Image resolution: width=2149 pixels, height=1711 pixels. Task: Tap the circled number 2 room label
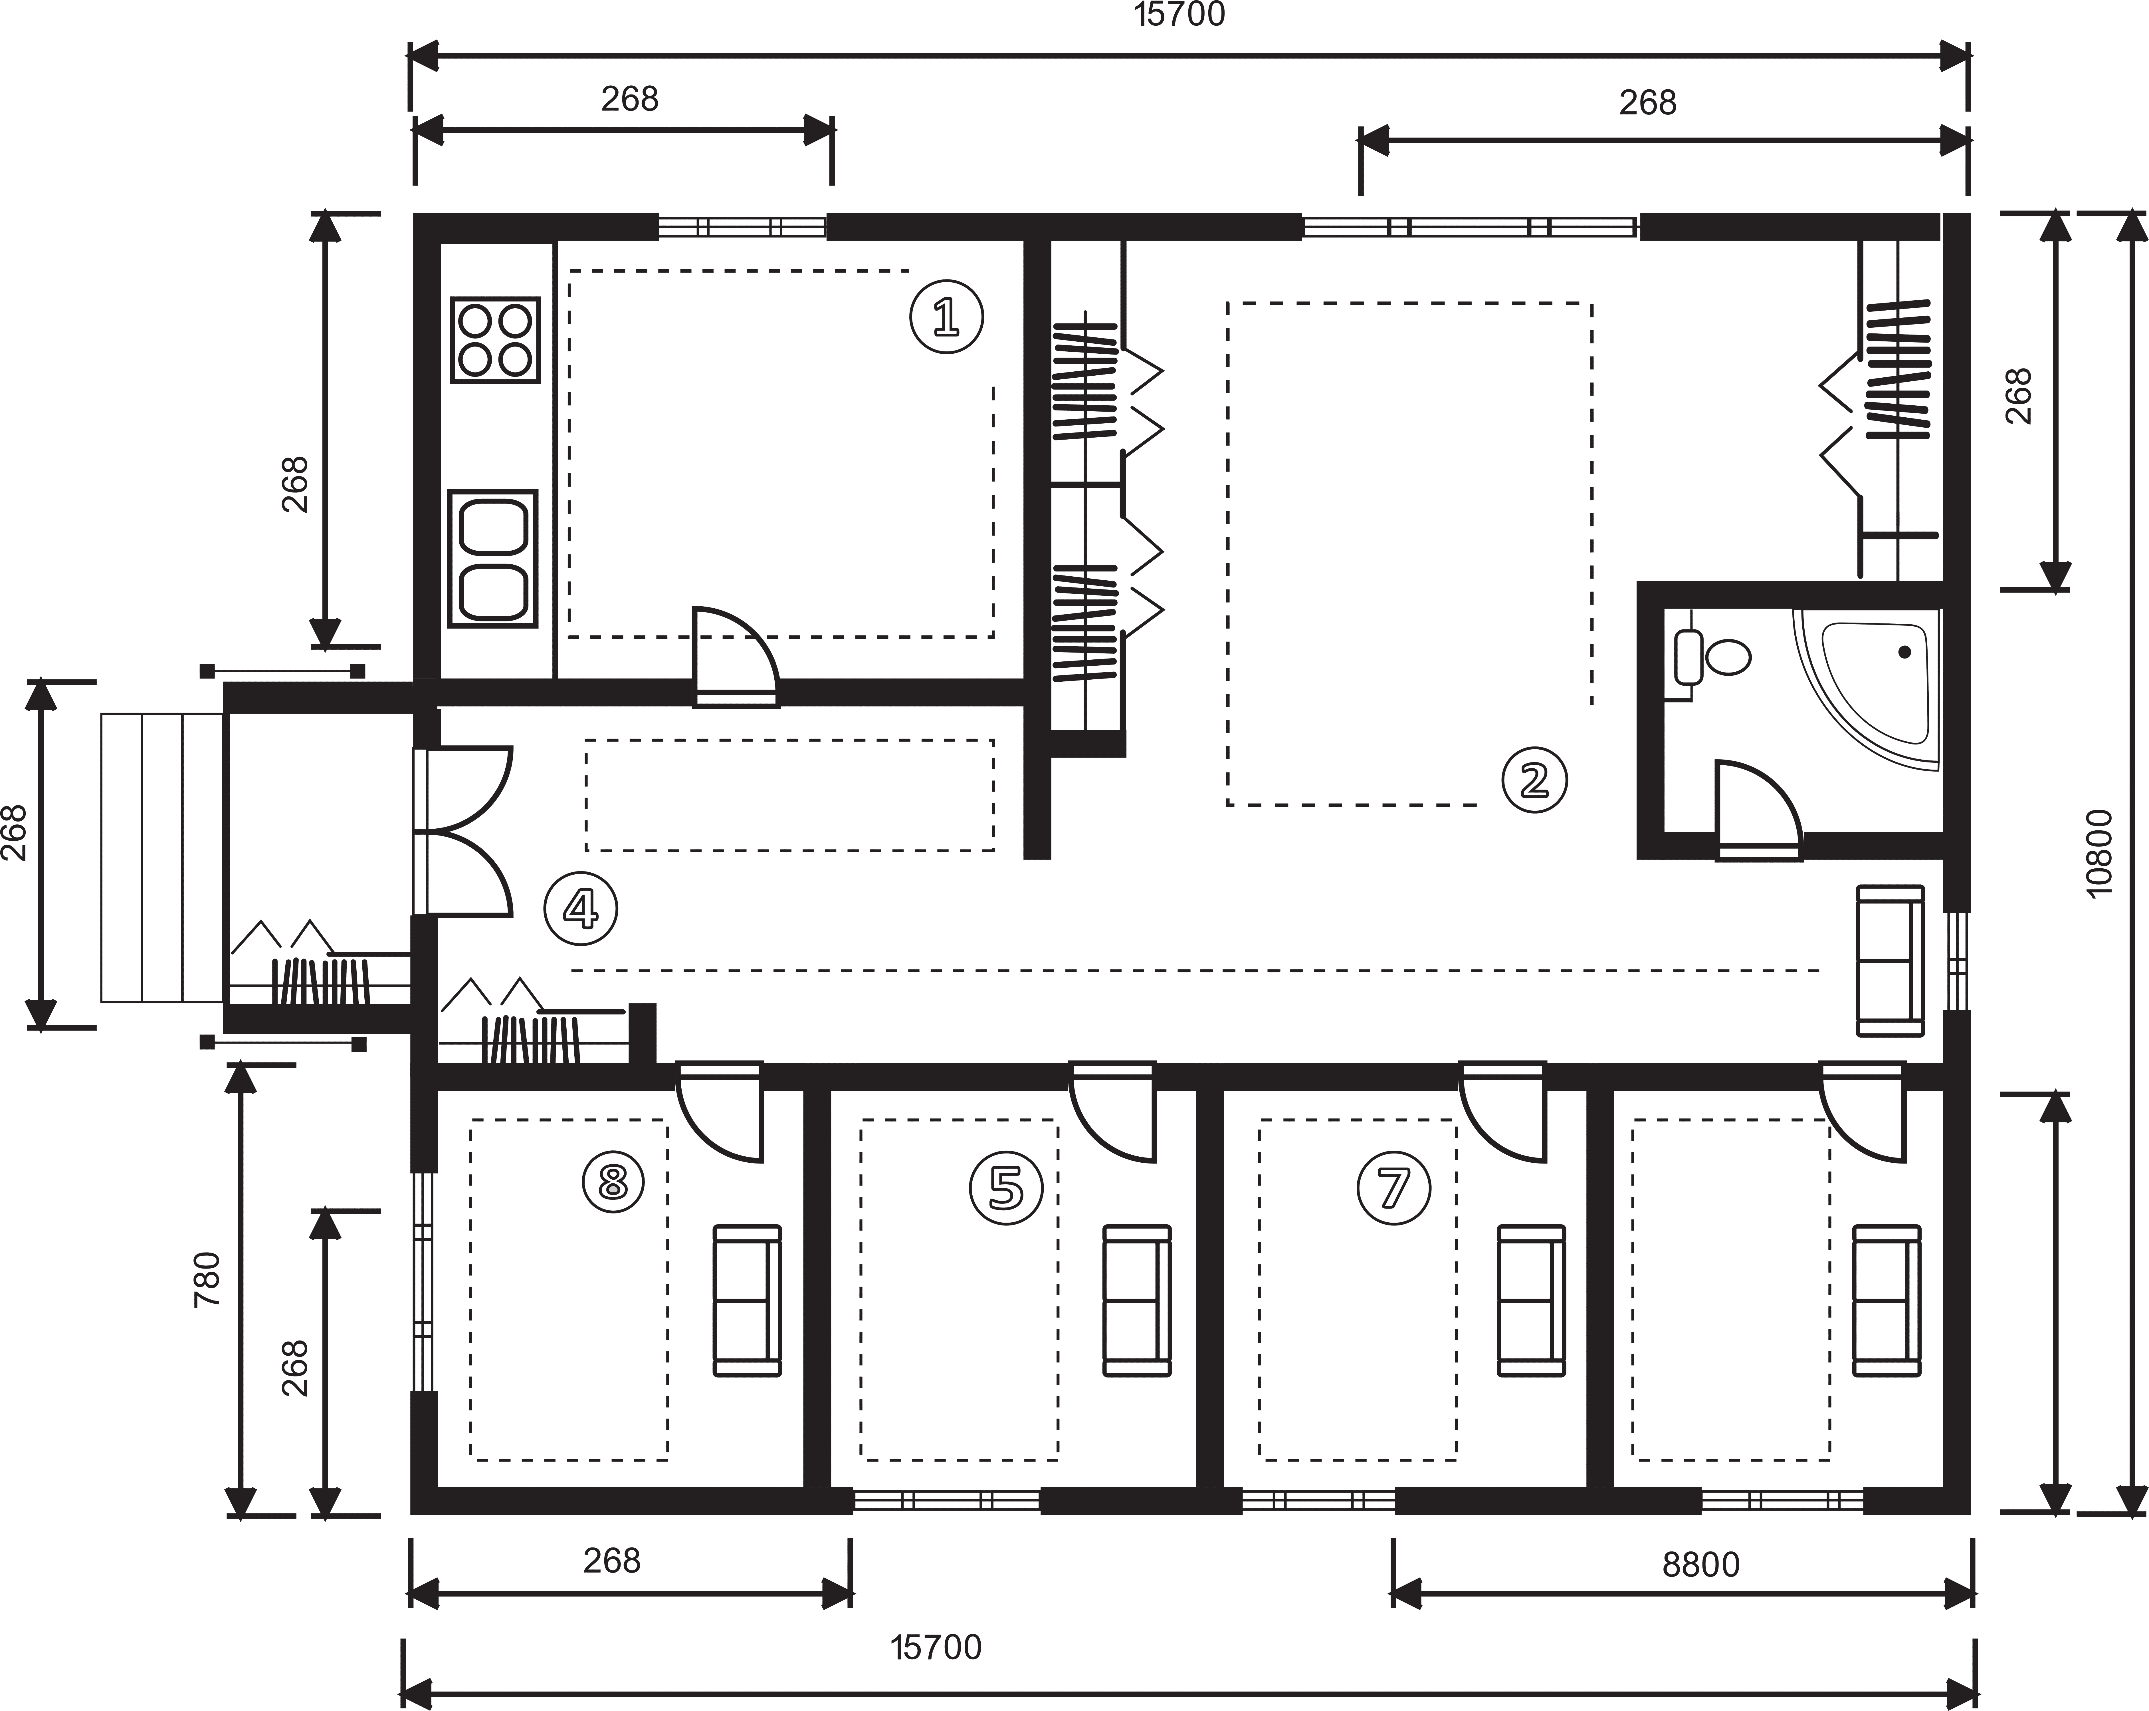click(1534, 780)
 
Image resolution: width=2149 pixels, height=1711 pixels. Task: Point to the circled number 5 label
click(1006, 1187)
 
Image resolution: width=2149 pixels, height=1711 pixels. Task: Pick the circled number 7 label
click(1393, 1187)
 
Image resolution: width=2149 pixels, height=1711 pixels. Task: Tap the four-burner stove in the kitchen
click(495, 340)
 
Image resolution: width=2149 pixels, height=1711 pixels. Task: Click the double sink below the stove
click(492, 558)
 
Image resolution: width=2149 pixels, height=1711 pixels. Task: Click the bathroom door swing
click(1754, 808)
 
